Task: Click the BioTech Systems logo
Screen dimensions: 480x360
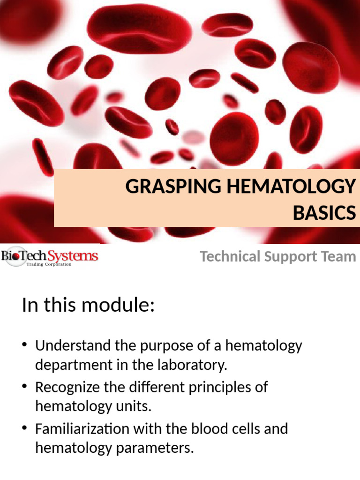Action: pyautogui.click(x=49, y=257)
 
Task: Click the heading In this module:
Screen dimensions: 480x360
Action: pyautogui.click(x=88, y=306)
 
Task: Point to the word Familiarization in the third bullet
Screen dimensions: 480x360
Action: pyautogui.click(x=82, y=428)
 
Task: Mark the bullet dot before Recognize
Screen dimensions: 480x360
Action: pyautogui.click(x=25, y=387)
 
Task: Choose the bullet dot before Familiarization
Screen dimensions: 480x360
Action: pyautogui.click(x=25, y=428)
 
